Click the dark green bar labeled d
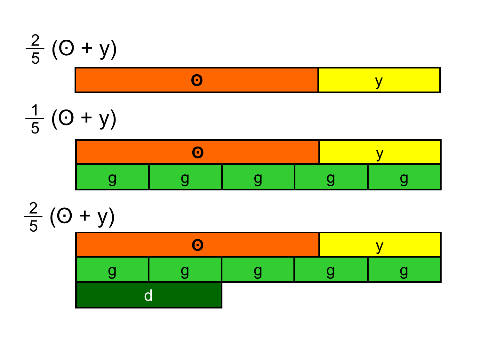148,295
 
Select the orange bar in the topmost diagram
196,80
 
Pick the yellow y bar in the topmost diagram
379,80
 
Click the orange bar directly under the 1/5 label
197,152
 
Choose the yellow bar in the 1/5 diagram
380,152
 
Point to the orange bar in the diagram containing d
197,245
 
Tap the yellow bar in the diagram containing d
380,245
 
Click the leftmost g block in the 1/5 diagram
112,177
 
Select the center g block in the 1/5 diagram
258,177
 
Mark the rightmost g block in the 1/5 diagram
404,177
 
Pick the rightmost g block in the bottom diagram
404,270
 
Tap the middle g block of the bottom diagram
258,270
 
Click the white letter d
148,296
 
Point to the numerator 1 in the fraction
35,110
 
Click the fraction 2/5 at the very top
35,49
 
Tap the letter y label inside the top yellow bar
379,82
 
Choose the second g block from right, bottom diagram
331,270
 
